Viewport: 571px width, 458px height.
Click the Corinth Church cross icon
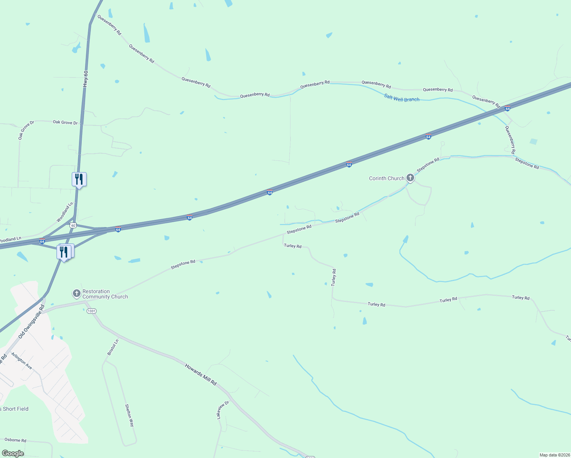point(410,177)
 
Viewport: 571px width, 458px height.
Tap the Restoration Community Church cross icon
point(76,293)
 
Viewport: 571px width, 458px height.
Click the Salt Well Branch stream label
point(402,98)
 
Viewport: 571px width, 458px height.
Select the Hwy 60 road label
point(85,79)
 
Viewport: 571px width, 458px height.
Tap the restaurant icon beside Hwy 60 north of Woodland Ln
point(79,179)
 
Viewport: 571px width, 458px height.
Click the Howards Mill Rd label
point(201,374)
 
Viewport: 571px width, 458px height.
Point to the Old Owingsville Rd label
point(32,321)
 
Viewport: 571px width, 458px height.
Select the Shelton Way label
point(130,415)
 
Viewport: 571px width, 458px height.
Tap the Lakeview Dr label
point(223,410)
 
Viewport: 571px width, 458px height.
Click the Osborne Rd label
point(15,440)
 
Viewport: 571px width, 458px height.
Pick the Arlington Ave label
point(22,361)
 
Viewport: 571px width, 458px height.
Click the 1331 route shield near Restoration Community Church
point(91,311)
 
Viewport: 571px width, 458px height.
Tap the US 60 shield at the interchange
point(73,225)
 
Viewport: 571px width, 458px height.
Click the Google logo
point(13,453)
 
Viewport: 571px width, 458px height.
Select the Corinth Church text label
point(386,178)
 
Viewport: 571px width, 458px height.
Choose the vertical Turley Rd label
point(334,277)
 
